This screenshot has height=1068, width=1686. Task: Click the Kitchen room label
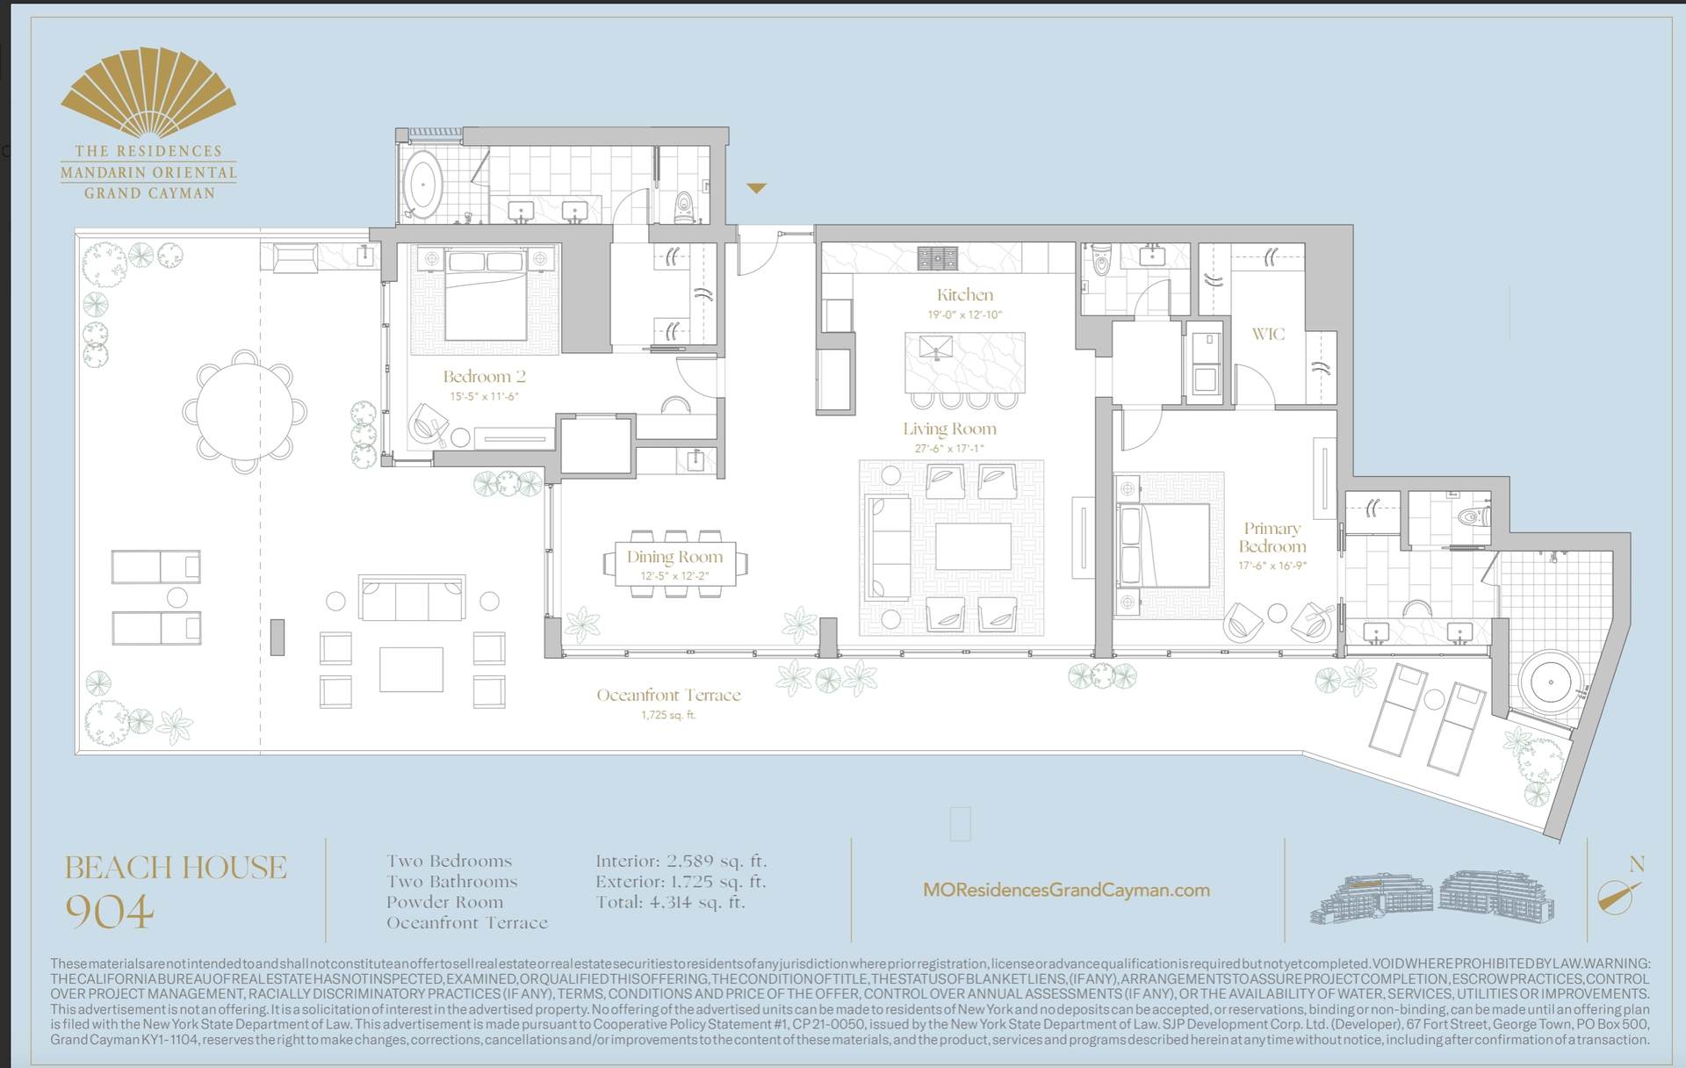click(965, 295)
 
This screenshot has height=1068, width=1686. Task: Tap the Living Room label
click(949, 429)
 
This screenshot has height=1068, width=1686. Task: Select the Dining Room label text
click(674, 557)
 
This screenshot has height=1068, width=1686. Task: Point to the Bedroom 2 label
click(484, 377)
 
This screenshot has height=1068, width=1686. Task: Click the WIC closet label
click(1268, 334)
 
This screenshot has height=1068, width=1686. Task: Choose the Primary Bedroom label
click(1272, 538)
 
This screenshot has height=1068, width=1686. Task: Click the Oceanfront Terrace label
click(668, 695)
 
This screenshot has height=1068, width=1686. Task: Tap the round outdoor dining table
click(244, 411)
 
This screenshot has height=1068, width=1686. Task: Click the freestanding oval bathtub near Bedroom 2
click(422, 185)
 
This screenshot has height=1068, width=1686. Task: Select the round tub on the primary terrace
click(1551, 682)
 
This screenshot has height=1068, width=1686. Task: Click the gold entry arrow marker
click(756, 188)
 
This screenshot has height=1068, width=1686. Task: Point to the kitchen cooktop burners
click(937, 257)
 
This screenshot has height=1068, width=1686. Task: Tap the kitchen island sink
click(935, 347)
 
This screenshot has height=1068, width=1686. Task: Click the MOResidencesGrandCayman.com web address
click(1066, 890)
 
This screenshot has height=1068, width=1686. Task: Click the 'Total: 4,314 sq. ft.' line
click(670, 902)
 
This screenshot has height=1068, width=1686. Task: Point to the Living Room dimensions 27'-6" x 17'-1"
click(949, 449)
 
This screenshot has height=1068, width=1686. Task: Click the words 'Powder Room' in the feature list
click(445, 902)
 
